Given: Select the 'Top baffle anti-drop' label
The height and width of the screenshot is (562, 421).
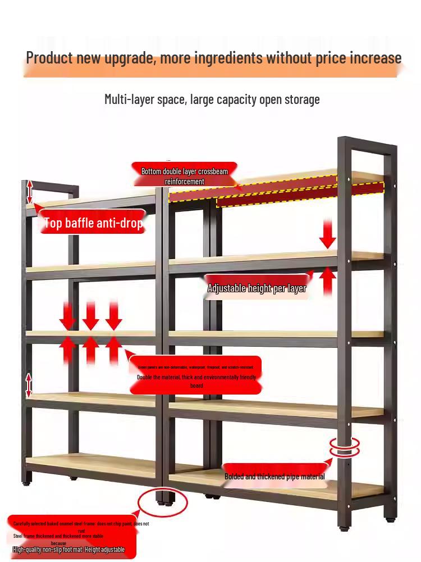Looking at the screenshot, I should (93, 223).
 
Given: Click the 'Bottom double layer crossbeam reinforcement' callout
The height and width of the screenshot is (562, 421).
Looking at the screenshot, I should (185, 176).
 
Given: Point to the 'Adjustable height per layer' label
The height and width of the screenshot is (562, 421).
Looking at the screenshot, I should (257, 288).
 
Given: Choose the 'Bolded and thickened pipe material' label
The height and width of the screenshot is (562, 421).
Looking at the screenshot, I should (274, 477).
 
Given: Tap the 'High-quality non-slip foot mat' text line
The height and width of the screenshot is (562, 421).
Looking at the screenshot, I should (68, 550).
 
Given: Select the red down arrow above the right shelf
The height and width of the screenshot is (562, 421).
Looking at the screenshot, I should (328, 234).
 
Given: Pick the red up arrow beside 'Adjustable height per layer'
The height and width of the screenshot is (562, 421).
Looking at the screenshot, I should (328, 282).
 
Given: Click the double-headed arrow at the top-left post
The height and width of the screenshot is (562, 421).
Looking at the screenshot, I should (30, 192).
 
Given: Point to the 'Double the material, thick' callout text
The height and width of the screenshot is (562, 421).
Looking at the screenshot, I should (196, 377).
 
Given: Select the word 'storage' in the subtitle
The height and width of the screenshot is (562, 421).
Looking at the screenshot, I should (301, 99).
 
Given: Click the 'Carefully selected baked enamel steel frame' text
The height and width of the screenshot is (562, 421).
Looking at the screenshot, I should (81, 524).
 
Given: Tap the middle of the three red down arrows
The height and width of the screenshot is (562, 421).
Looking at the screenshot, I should (91, 316).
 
